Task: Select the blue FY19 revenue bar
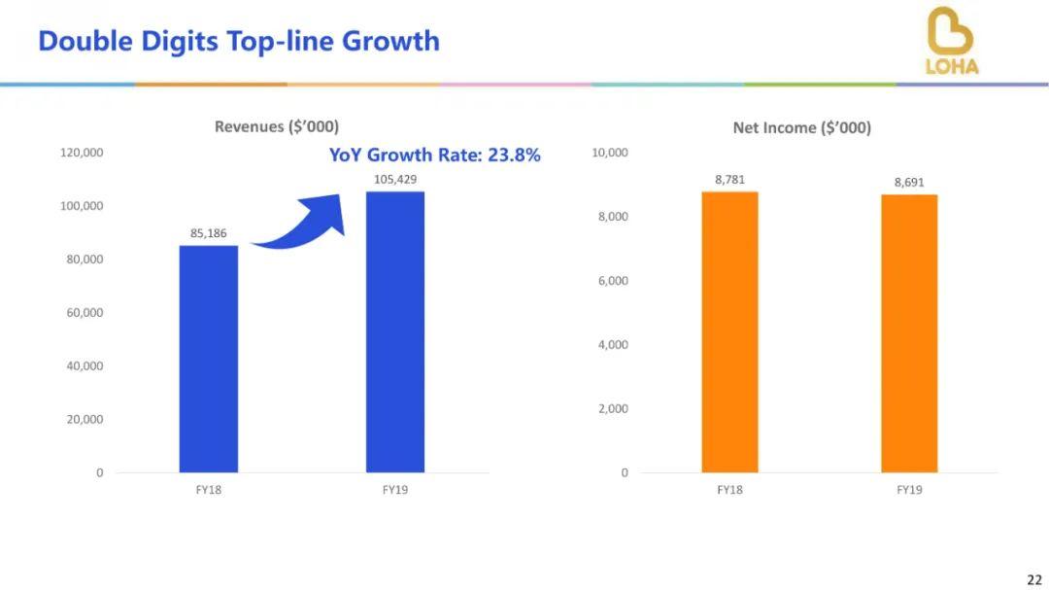[394, 331]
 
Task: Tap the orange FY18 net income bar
[729, 331]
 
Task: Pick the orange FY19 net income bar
[909, 333]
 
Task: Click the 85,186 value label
[208, 233]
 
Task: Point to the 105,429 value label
[394, 180]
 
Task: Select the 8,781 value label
[729, 180]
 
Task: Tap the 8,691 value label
[909, 183]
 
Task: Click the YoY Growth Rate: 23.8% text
[434, 155]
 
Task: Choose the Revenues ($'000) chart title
[277, 126]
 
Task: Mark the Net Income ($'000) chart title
[801, 127]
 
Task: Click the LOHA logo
[951, 41]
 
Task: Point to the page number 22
[1033, 579]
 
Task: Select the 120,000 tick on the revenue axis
[82, 153]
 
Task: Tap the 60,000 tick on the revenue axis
[85, 313]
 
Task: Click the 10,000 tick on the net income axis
[609, 153]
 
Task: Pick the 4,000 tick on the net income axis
[612, 345]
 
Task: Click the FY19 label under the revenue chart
[394, 490]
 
